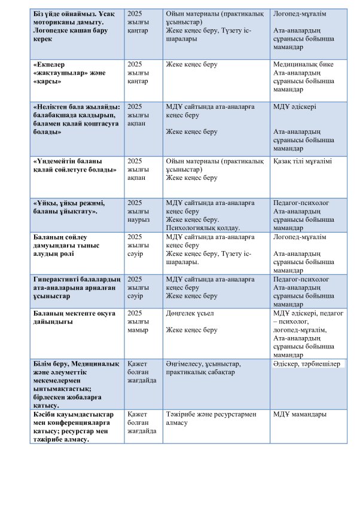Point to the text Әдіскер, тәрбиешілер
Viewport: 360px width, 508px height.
pos(306,363)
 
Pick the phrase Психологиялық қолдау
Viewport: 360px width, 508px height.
pos(203,228)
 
